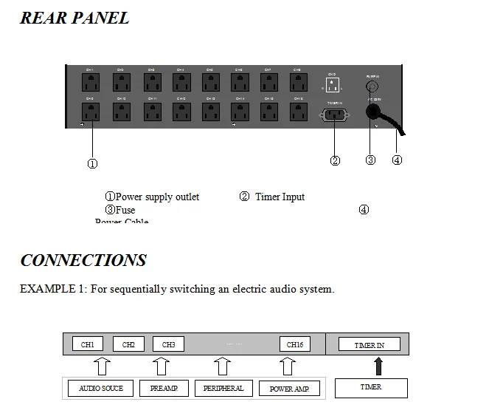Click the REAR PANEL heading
tap(74, 18)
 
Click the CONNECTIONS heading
tap(83, 260)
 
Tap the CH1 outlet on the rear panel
tap(90, 80)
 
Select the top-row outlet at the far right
tap(298, 80)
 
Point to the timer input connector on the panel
tap(334, 115)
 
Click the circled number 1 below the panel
tap(92, 163)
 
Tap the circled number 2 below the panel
tap(335, 160)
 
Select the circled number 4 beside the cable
tap(397, 160)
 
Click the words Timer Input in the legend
tap(280, 197)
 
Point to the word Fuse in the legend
tap(125, 211)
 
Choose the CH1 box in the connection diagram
tap(88, 344)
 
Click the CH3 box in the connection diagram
tap(168, 344)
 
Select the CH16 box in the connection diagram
tap(295, 344)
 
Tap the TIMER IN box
tap(370, 344)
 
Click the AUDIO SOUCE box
tap(101, 388)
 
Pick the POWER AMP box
tap(289, 388)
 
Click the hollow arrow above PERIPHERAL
tap(223, 366)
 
